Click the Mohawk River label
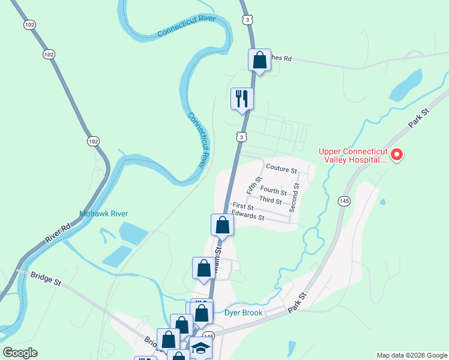pyautogui.click(x=104, y=214)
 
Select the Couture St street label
pyautogui.click(x=282, y=170)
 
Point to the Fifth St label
pyautogui.click(x=259, y=184)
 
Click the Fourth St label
pyautogui.click(x=273, y=191)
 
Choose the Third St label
pyautogui.click(x=270, y=200)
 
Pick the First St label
pyautogui.click(x=243, y=207)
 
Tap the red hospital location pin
pyautogui.click(x=396, y=155)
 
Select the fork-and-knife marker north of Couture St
pyautogui.click(x=243, y=99)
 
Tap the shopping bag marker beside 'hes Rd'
pyautogui.click(x=259, y=60)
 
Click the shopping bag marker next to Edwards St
pyautogui.click(x=222, y=225)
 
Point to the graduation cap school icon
pyautogui.click(x=200, y=348)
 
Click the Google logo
pyautogui.click(x=20, y=353)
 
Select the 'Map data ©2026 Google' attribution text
pyautogui.click(x=411, y=355)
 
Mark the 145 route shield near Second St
pyautogui.click(x=344, y=200)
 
